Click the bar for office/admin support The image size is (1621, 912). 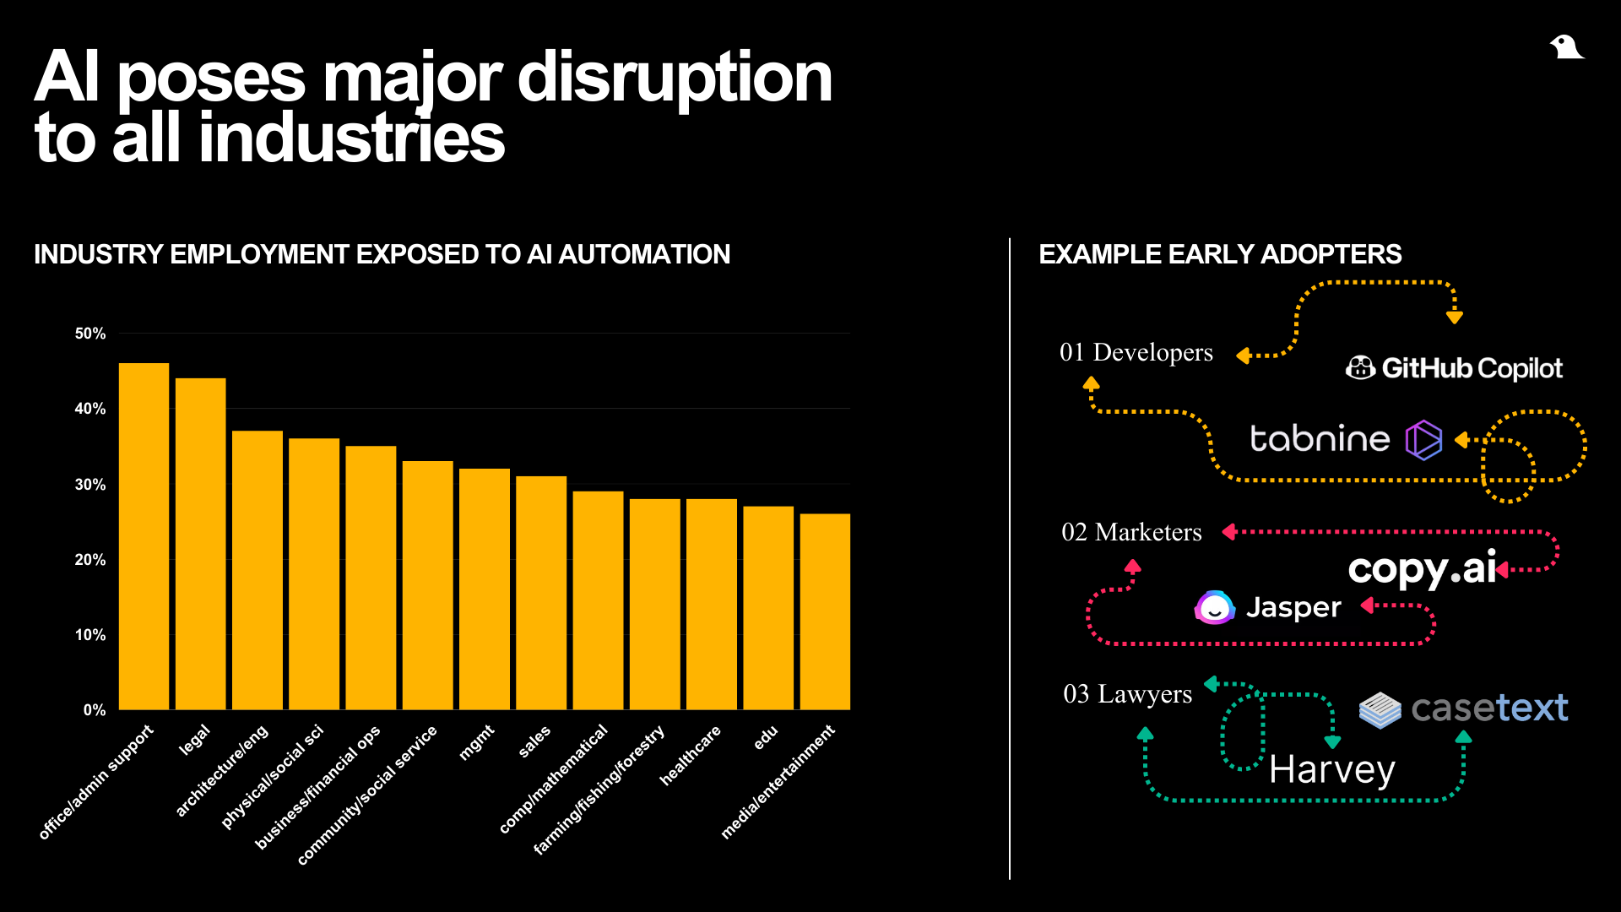coord(144,536)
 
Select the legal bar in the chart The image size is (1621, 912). coord(200,544)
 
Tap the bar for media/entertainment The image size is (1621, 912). coord(825,611)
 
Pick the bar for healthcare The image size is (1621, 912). coord(712,604)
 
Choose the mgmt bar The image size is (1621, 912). coord(485,589)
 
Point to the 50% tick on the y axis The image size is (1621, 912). coord(90,334)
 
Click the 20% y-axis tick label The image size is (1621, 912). coord(90,560)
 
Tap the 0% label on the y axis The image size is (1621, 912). coord(95,710)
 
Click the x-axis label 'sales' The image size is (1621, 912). coord(534,741)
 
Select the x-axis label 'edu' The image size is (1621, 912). coord(765,737)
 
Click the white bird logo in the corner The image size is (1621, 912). coord(1567,47)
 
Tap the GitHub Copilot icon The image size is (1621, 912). coord(1360,367)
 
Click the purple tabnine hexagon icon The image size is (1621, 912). coord(1423,440)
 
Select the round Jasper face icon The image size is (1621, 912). coord(1215,607)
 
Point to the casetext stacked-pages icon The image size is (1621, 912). coord(1380,709)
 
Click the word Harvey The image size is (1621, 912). coord(1332,770)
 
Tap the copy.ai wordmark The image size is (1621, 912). coord(1423,569)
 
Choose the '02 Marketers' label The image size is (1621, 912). coord(1131,532)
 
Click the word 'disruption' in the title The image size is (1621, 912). coord(675,78)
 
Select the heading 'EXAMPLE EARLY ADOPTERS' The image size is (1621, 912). coord(1220,254)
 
